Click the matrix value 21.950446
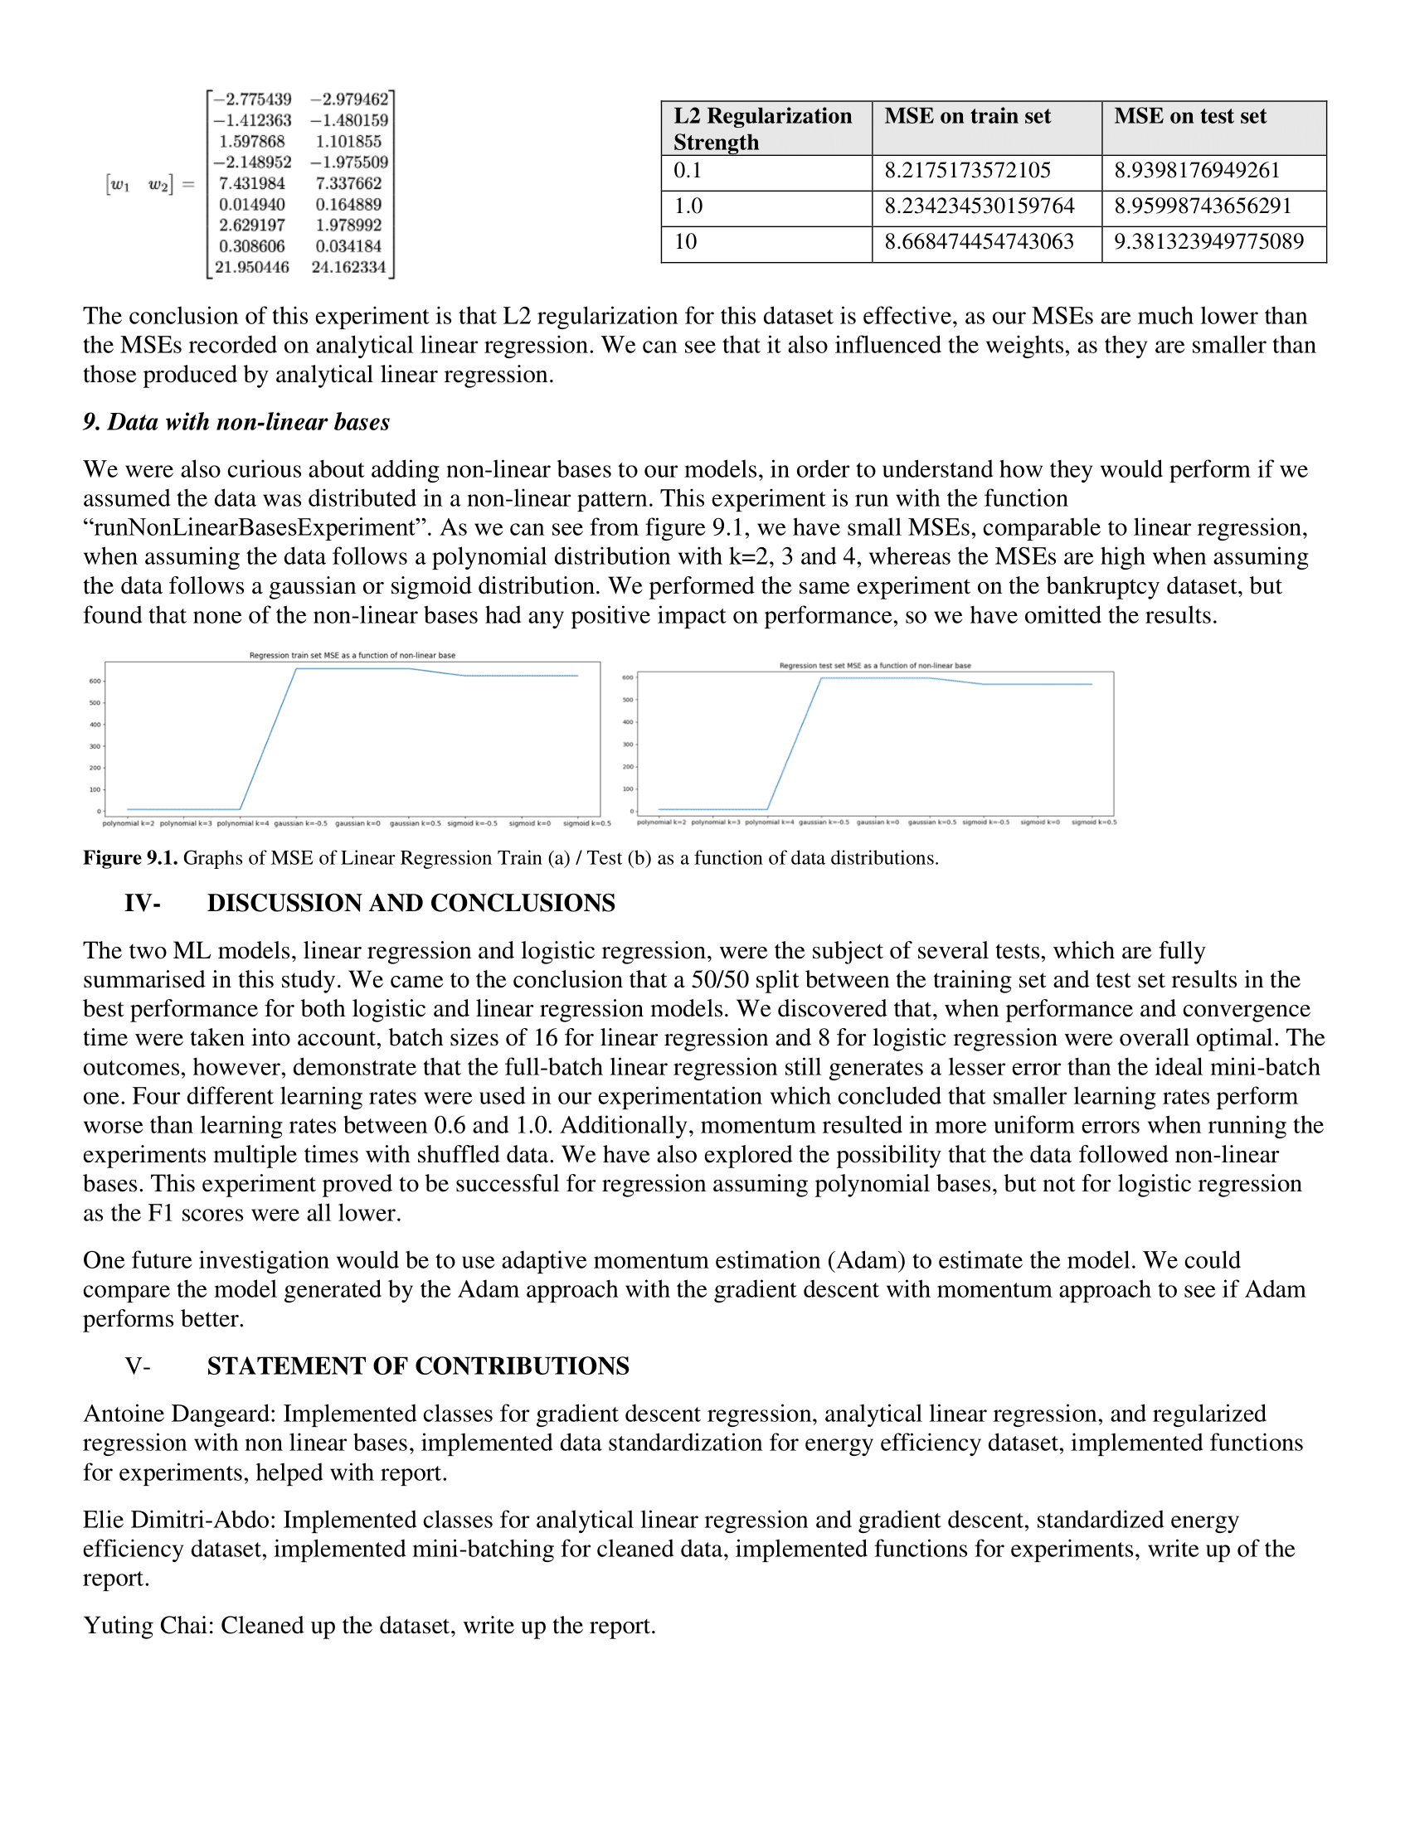[x=252, y=267]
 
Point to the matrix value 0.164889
[x=348, y=205]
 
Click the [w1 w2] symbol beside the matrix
[x=139, y=185]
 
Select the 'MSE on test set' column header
[x=1189, y=116]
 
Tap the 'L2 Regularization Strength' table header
[x=762, y=129]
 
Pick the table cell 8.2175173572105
[x=967, y=170]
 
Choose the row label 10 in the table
[x=686, y=241]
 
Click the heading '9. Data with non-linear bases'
[x=236, y=422]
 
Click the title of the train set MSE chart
[x=352, y=656]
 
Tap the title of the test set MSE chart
[x=874, y=666]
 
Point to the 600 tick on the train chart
[x=95, y=682]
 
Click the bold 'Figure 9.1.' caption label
[x=129, y=858]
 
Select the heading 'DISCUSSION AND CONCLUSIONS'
[x=411, y=903]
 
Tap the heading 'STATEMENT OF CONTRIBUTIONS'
[x=418, y=1366]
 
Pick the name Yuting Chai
[x=148, y=1625]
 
